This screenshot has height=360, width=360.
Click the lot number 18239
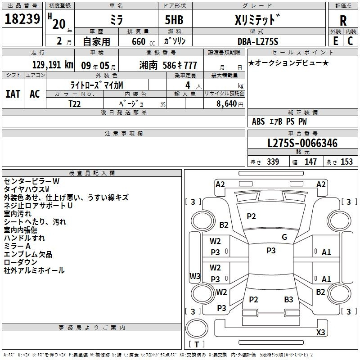point(22,19)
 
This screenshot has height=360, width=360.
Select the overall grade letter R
point(343,21)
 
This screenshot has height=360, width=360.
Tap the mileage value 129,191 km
point(53,65)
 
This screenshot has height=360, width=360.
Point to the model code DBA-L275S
point(258,41)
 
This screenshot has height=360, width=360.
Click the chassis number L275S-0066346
point(302,144)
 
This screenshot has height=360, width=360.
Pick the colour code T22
point(76,103)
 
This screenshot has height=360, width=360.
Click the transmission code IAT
point(13,94)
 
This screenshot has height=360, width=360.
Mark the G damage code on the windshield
point(284,237)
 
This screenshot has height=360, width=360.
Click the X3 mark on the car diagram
point(320,333)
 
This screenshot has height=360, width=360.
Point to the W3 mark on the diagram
point(195,276)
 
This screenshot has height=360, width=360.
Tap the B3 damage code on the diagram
point(288,299)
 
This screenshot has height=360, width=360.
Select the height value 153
point(346,162)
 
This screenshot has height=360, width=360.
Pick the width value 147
point(310,162)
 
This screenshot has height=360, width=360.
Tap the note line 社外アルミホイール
point(34,270)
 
